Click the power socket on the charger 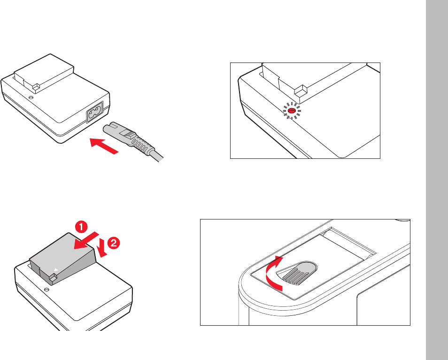coord(95,112)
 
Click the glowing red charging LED coord(292,110)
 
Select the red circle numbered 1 coord(81,227)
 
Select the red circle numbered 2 coord(114,243)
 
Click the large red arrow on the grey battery coord(86,241)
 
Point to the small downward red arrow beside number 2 coord(101,248)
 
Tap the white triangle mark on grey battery coord(56,270)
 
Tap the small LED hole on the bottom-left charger coord(46,290)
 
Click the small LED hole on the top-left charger coord(31,97)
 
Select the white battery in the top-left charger coord(44,73)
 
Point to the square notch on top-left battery coord(36,87)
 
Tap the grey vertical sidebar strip coord(437,180)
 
